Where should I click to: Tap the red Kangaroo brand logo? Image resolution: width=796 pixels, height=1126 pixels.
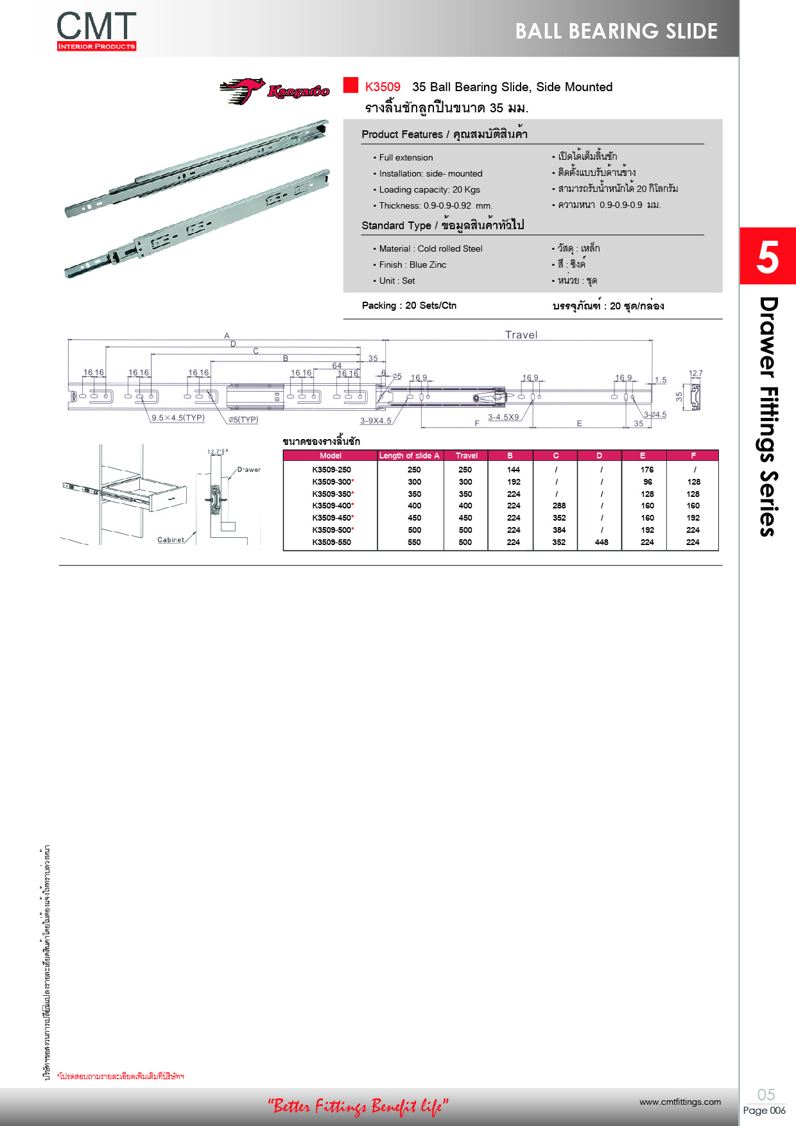275,91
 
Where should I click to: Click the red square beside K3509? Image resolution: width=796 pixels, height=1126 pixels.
350,85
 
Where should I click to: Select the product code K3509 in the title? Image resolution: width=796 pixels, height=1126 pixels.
383,87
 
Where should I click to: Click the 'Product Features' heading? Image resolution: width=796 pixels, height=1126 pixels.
402,134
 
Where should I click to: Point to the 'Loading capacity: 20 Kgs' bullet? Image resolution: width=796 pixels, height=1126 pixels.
429,189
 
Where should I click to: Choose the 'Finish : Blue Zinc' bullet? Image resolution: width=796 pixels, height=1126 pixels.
412,264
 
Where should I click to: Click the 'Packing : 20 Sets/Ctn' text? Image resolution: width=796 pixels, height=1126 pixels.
409,306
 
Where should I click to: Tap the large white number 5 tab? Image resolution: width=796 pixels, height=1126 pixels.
767,257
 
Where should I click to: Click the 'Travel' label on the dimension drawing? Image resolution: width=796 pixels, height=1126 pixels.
521,334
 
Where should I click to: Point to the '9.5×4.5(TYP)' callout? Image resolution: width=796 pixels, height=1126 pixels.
178,418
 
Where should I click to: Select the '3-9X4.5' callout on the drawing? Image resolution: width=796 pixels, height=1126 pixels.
376,420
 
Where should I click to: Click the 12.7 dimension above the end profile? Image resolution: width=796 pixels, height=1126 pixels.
695,373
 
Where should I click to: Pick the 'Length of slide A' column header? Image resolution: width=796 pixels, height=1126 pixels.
409,456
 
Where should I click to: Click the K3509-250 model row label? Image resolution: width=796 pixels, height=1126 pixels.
331,470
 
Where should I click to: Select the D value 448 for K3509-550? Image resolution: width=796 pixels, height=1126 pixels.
601,542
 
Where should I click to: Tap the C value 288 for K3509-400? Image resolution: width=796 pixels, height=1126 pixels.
559,506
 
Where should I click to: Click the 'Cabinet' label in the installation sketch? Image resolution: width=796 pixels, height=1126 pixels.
171,540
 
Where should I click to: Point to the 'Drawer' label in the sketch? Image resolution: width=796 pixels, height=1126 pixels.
249,470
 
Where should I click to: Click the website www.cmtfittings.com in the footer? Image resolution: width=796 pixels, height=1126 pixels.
680,1102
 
